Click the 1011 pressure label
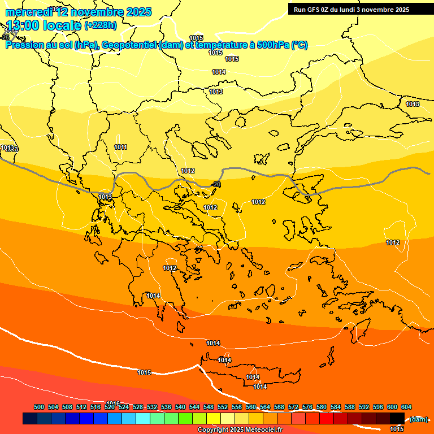point(120,147)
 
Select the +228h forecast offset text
point(101,25)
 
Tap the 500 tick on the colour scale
point(39,407)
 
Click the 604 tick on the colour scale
point(406,407)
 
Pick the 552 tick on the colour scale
point(223,407)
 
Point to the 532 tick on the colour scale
point(152,407)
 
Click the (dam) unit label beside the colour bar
point(418,419)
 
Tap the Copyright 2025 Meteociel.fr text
point(240,430)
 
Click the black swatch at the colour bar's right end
point(397,418)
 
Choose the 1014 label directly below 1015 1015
point(219,72)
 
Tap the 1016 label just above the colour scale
point(113,403)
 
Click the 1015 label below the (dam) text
point(397,429)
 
